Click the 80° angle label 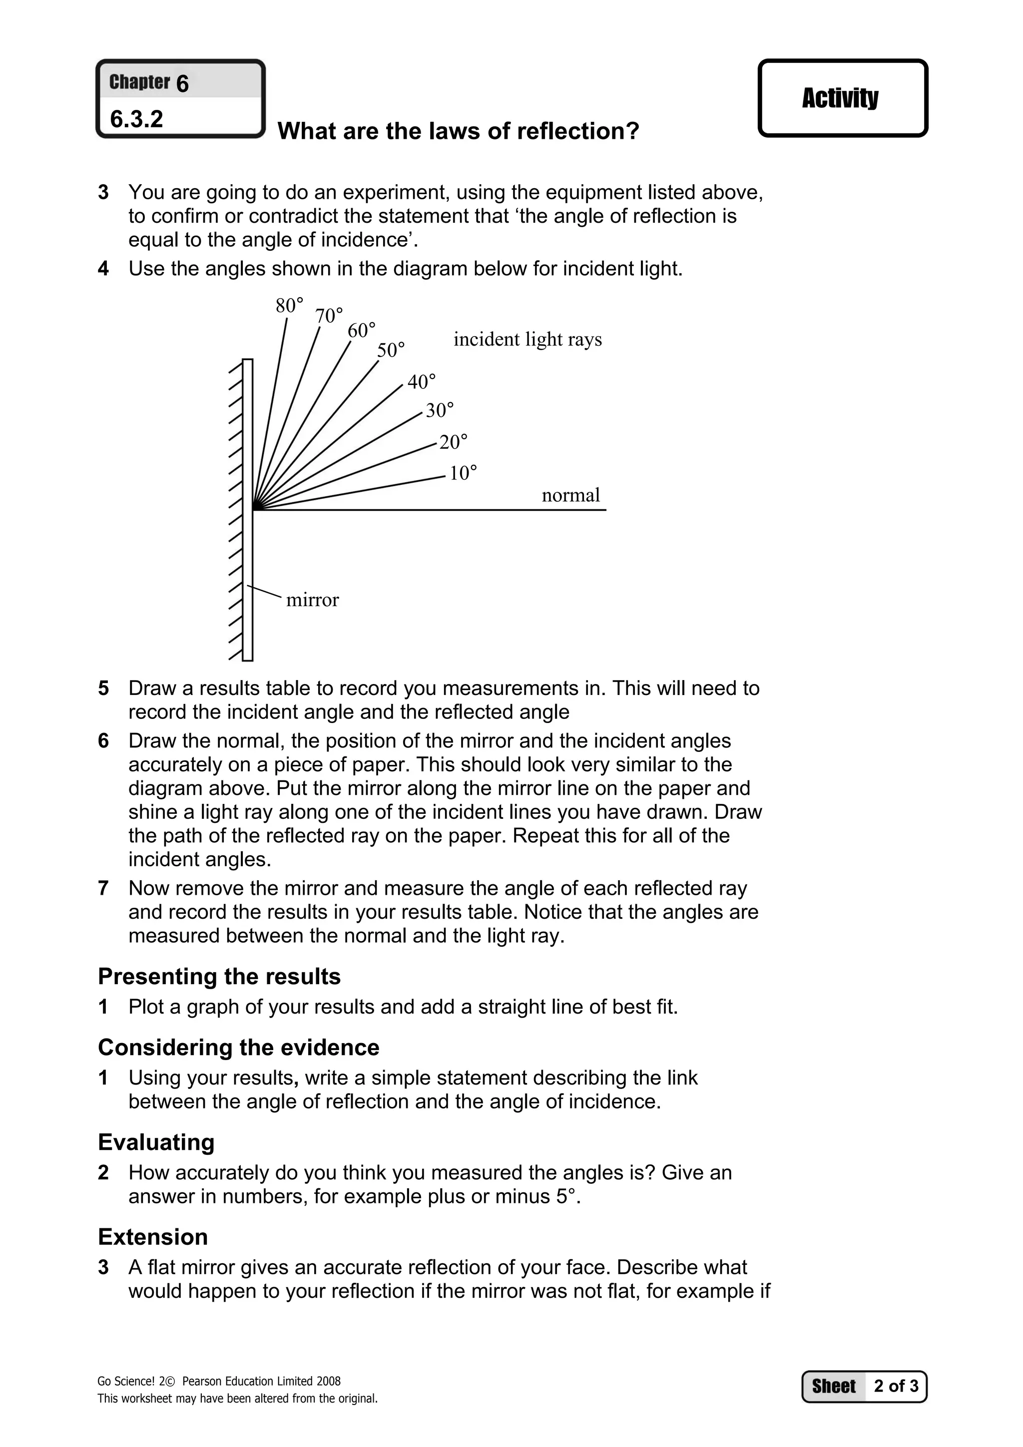pyautogui.click(x=289, y=306)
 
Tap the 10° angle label pyautogui.click(x=463, y=473)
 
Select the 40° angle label pyautogui.click(x=421, y=381)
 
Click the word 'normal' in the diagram pyautogui.click(x=570, y=495)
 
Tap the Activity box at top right pyautogui.click(x=842, y=98)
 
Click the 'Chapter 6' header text pyautogui.click(x=149, y=82)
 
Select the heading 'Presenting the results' pyautogui.click(x=219, y=976)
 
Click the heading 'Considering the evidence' pyautogui.click(x=238, y=1047)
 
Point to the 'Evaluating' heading pyautogui.click(x=156, y=1142)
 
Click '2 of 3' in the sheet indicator pyautogui.click(x=896, y=1386)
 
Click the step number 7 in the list pyautogui.click(x=103, y=889)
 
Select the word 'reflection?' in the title pyautogui.click(x=578, y=131)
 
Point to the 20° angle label pyautogui.click(x=453, y=442)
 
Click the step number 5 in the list pyautogui.click(x=103, y=688)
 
